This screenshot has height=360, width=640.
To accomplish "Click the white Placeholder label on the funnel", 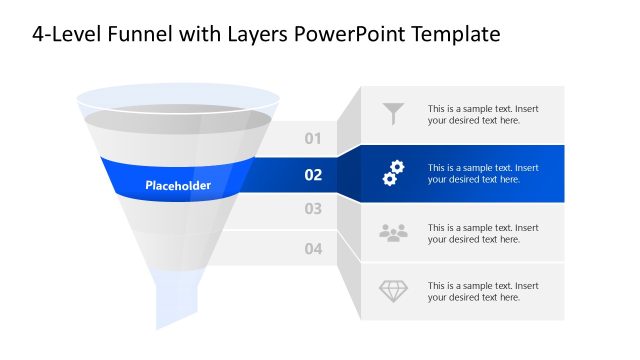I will tap(178, 185).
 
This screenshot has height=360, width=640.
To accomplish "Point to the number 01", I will tap(313, 139).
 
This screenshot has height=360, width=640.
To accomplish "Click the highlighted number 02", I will tap(313, 175).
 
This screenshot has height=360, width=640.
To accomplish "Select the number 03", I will tap(313, 210).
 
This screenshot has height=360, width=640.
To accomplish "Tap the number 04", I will tap(313, 249).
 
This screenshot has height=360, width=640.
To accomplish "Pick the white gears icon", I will tap(393, 174).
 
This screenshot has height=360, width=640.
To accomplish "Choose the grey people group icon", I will tap(393, 233).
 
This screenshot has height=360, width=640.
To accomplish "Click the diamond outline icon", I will tap(393, 291).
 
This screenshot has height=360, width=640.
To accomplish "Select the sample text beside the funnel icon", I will tap(483, 115).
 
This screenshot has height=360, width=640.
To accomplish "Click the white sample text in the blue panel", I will tap(483, 174).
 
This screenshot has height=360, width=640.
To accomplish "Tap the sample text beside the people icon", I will tap(483, 233).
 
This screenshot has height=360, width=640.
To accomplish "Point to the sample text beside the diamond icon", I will tap(483, 291).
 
